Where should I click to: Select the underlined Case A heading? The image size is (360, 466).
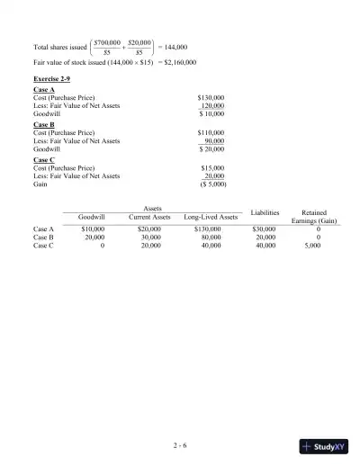point(42,89)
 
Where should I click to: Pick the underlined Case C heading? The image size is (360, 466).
point(42,160)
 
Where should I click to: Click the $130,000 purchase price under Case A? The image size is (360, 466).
point(211,97)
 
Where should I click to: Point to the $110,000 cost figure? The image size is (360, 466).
point(211,133)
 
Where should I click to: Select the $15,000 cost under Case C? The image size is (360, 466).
point(212,168)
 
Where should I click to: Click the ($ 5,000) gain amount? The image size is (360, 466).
point(211,184)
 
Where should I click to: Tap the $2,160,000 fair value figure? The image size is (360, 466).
point(179,62)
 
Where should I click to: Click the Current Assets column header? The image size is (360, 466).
point(149,217)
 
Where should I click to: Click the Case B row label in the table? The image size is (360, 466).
point(43,237)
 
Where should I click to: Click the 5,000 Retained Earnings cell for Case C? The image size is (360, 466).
point(312,245)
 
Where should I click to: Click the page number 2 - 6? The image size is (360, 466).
point(180,444)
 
